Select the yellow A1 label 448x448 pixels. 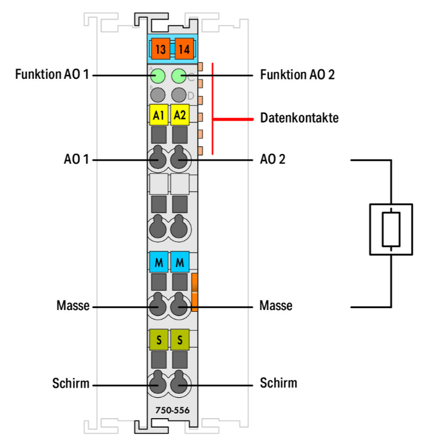tap(159, 114)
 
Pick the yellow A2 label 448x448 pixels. tap(180, 114)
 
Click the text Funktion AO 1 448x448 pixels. tap(53, 75)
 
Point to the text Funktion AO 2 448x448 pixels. tap(297, 75)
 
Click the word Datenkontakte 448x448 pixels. tap(299, 118)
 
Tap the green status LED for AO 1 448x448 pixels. tap(158, 76)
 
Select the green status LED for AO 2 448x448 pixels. tap(179, 76)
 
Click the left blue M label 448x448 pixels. tap(159, 262)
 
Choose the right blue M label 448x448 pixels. tap(180, 262)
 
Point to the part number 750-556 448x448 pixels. tap(168, 410)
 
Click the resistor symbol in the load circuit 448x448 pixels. tap(391, 229)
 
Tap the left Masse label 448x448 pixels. tap(73, 306)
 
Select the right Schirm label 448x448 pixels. tap(278, 382)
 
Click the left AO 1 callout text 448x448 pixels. tap(76, 160)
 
